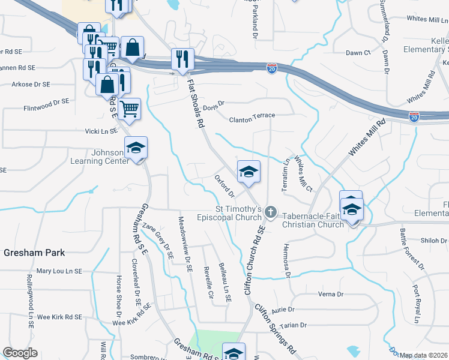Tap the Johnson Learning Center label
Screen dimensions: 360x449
99,157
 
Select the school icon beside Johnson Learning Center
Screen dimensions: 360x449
136,148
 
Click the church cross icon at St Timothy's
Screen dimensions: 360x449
271,212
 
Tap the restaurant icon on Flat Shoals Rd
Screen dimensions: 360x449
182,59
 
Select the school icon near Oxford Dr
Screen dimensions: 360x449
249,172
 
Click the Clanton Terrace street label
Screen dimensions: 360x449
252,120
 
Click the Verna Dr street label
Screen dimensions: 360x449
331,295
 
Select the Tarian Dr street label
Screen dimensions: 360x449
294,325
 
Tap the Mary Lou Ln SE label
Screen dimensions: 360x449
59,271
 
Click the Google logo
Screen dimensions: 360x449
20,353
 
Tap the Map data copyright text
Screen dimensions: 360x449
423,355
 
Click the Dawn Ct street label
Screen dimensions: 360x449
358,53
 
